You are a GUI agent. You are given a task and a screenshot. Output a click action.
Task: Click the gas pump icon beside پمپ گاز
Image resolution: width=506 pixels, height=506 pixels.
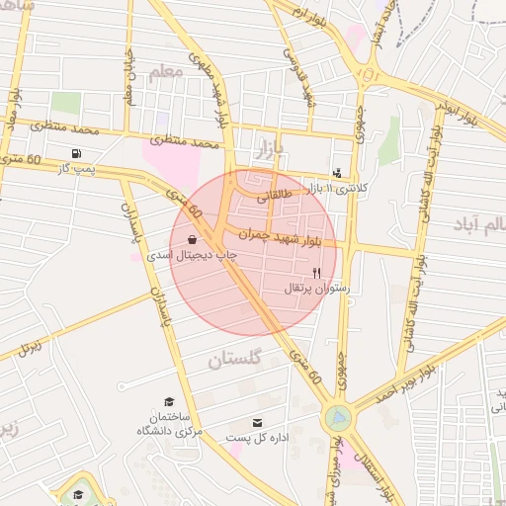tap(76, 153)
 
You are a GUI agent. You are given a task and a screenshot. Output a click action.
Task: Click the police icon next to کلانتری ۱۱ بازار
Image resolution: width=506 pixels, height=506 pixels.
tap(337, 173)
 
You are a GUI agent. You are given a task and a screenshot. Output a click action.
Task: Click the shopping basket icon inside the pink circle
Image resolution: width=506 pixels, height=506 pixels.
tap(191, 239)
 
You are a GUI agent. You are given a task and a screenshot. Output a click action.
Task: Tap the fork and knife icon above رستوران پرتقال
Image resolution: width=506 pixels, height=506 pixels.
tap(316, 272)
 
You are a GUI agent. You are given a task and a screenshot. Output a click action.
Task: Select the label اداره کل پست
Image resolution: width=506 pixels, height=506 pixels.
tap(257, 437)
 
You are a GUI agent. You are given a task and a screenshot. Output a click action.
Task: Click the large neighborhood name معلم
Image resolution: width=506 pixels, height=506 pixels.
tap(166, 72)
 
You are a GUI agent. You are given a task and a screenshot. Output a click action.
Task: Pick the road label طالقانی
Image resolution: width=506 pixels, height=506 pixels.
tap(276, 196)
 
